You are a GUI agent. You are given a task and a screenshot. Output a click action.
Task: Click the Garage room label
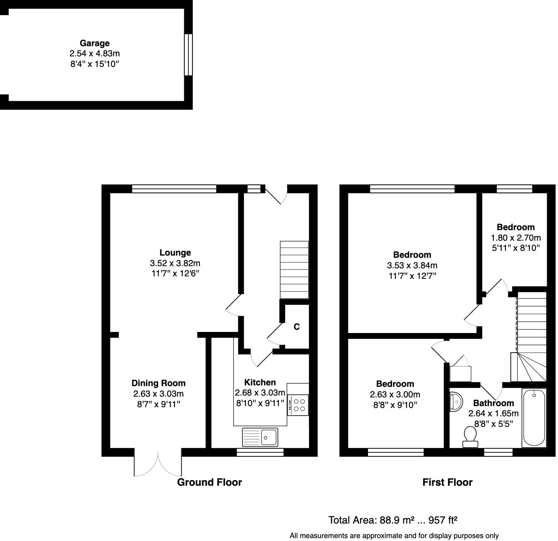pyautogui.click(x=94, y=43)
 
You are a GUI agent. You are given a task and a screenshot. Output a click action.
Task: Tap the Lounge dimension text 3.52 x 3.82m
pyautogui.click(x=175, y=263)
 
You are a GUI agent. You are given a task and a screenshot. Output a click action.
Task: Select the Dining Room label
pyautogui.click(x=158, y=383)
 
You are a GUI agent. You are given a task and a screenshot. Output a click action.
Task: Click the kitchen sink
pyautogui.click(x=260, y=436)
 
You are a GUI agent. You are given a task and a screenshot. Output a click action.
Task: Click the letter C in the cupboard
pyautogui.click(x=296, y=327)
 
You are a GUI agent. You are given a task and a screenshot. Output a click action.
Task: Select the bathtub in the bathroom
pyautogui.click(x=534, y=418)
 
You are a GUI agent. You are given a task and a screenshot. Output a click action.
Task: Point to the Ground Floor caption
pyautogui.click(x=209, y=482)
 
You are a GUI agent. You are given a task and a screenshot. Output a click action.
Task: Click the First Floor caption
pyautogui.click(x=447, y=482)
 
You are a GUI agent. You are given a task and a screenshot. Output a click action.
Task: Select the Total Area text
pyautogui.click(x=392, y=520)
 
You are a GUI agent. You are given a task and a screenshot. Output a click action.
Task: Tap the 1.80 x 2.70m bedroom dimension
pyautogui.click(x=515, y=238)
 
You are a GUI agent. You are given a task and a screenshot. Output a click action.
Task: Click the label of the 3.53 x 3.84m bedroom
pyautogui.click(x=412, y=255)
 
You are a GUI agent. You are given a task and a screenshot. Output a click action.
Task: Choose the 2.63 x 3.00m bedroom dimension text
pyautogui.click(x=395, y=394)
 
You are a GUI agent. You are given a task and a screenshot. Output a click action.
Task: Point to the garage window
pyautogui.click(x=188, y=55)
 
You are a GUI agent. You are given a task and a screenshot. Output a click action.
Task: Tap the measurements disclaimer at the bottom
pyautogui.click(x=394, y=536)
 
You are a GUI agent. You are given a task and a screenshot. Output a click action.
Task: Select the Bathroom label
pyautogui.click(x=493, y=403)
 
